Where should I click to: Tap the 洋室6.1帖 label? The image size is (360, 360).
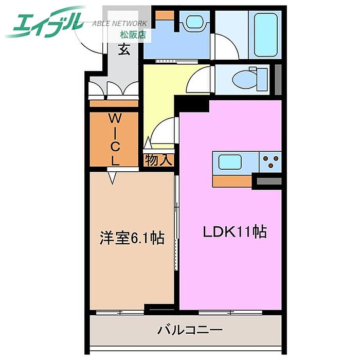click(x=132, y=239)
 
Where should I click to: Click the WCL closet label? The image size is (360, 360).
click(x=114, y=139)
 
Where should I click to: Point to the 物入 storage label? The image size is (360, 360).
click(x=158, y=160)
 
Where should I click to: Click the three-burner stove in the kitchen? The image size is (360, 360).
click(x=269, y=163)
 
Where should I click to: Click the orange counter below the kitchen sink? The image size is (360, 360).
click(x=232, y=181)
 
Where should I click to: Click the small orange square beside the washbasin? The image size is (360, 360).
click(x=165, y=14)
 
